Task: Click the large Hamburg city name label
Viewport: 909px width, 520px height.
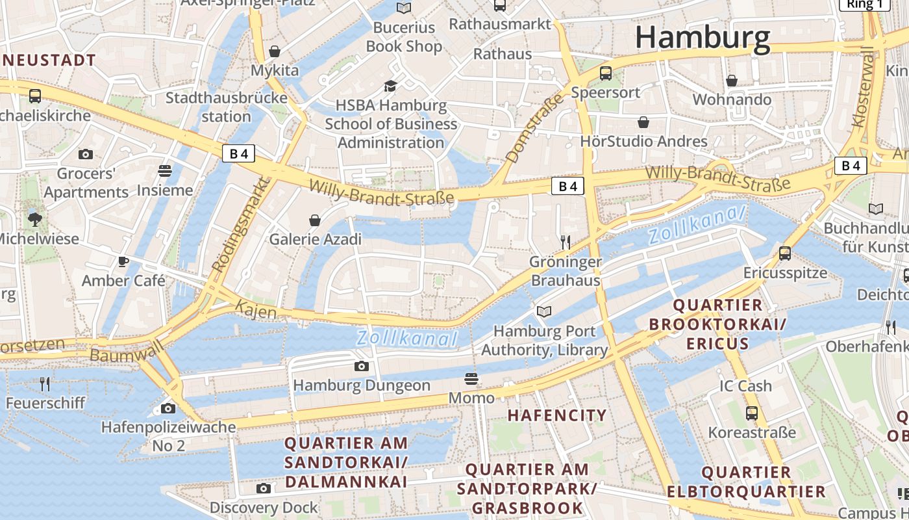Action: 703,38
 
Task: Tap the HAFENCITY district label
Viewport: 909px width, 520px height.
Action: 557,415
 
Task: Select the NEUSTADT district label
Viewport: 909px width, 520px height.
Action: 49,60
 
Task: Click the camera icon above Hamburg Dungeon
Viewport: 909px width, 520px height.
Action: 362,367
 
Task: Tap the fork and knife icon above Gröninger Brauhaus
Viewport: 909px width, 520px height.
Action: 566,242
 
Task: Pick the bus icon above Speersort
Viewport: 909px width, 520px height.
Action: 606,73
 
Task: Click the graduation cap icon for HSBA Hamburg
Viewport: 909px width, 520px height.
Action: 390,86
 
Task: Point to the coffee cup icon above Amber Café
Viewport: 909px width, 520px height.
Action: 123,262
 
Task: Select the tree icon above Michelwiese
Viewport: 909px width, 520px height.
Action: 35,219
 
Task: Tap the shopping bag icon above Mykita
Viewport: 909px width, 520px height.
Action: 275,51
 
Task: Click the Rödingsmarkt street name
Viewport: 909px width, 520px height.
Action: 241,225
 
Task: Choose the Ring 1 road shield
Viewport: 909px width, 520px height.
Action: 865,4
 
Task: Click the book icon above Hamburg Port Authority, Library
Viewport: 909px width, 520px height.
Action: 544,312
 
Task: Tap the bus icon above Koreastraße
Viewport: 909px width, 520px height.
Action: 751,413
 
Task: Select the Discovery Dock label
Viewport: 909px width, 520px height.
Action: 264,508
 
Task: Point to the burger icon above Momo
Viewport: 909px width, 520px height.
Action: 471,379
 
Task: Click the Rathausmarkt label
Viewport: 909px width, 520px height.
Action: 500,24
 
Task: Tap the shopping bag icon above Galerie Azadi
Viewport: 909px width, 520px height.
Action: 315,220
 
